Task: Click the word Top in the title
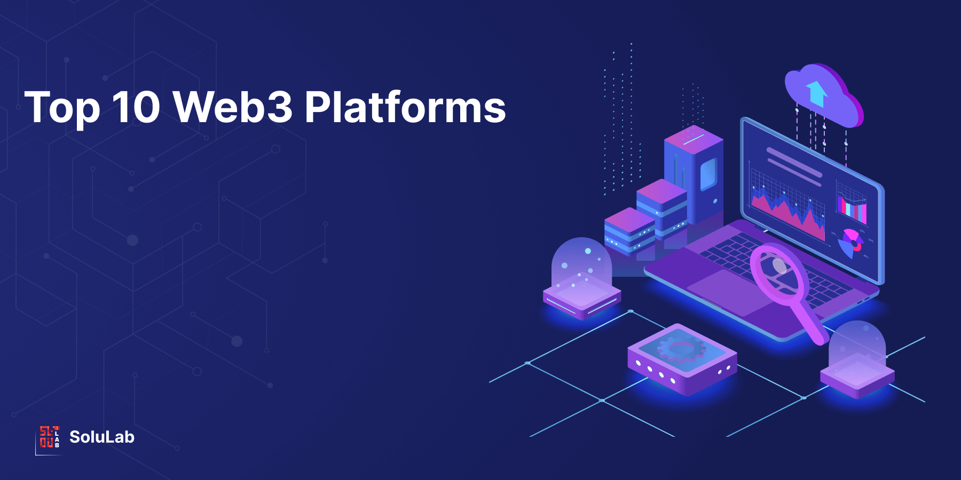point(62,108)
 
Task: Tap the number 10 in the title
point(136,108)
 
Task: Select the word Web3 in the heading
point(233,107)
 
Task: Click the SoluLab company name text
point(101,437)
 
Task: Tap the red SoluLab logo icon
point(49,437)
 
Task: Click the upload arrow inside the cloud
point(816,93)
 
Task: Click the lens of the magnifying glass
point(779,271)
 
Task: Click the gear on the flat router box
point(681,349)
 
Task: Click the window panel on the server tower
point(708,173)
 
